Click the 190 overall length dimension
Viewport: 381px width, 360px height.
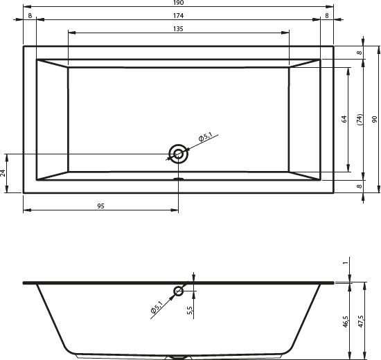coord(178,3)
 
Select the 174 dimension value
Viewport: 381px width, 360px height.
coord(178,16)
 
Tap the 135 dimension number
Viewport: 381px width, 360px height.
coord(178,29)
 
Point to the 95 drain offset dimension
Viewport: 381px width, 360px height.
coord(100,206)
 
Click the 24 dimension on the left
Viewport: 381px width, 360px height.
coord(3,172)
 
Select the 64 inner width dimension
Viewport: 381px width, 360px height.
coord(344,119)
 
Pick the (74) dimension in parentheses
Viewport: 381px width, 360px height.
coord(360,119)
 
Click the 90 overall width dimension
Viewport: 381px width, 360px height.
coord(375,119)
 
